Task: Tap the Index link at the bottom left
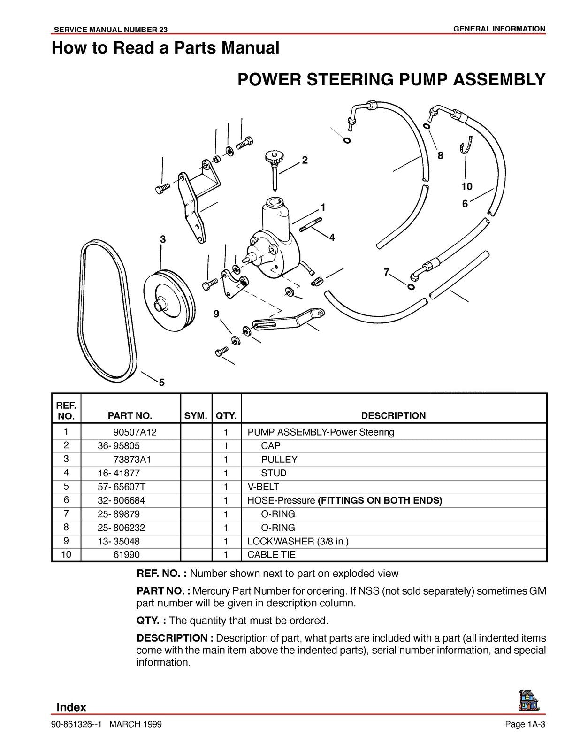click(71, 707)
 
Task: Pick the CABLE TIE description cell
click(271, 554)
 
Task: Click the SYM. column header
click(196, 415)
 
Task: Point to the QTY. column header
click(226, 415)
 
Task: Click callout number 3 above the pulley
click(163, 239)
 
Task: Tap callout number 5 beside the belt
click(161, 383)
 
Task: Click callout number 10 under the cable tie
click(466, 187)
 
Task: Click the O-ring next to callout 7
click(411, 287)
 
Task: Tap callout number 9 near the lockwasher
click(216, 314)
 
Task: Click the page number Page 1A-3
click(525, 725)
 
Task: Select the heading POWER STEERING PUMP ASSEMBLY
click(391, 79)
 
